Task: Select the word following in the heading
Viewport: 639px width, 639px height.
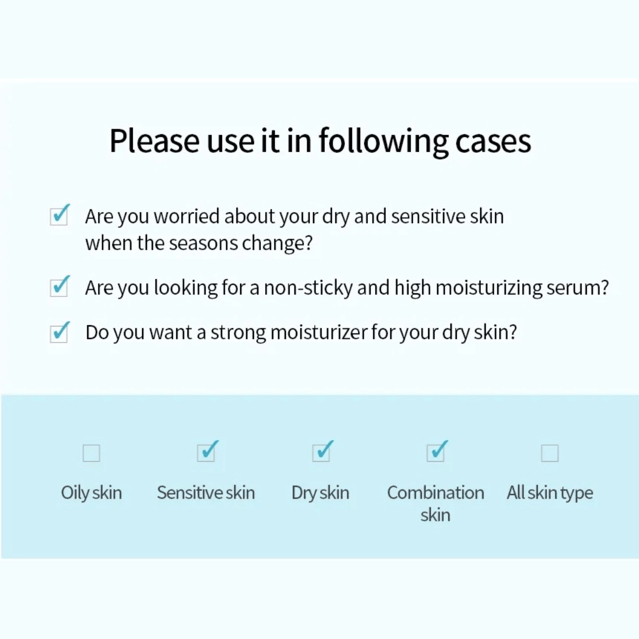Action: tap(383, 141)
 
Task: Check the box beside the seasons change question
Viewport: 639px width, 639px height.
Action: tap(59, 216)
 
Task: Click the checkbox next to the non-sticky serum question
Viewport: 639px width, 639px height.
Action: tap(59, 287)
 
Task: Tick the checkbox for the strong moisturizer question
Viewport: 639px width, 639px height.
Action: tap(59, 333)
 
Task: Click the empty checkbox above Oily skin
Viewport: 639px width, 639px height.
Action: tap(92, 453)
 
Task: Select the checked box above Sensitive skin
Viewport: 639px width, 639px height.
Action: tap(206, 453)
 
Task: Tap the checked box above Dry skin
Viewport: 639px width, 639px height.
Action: tap(321, 453)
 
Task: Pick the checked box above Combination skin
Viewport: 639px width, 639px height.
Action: tap(436, 453)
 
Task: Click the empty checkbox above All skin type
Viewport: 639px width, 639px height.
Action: tap(550, 453)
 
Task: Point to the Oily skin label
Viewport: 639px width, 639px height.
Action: tap(92, 493)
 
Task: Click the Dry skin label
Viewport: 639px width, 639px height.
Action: tap(321, 493)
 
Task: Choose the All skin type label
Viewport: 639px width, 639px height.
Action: tap(550, 493)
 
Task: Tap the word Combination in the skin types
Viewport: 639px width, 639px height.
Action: tap(436, 493)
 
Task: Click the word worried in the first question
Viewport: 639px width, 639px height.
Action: tap(186, 216)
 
